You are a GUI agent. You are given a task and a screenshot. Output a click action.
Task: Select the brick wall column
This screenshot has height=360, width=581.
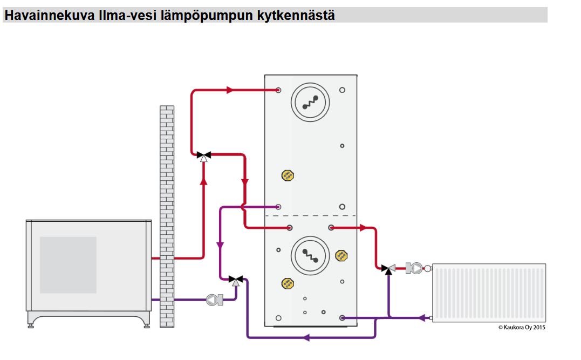(167, 216)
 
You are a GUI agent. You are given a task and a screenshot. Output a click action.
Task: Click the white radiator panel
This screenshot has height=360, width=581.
(489, 292)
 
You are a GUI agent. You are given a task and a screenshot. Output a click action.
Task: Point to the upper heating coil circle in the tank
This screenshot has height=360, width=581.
(310, 101)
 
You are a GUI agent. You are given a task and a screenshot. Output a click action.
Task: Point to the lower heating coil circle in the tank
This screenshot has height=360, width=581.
(310, 255)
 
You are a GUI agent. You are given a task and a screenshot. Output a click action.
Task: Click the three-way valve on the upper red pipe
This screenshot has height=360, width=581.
(203, 155)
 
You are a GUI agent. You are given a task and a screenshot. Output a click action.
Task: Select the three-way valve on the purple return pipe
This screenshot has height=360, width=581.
(236, 280)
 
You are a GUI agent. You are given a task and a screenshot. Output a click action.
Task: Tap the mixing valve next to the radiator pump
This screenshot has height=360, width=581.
(388, 268)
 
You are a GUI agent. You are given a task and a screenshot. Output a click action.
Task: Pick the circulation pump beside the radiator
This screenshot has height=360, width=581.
(416, 268)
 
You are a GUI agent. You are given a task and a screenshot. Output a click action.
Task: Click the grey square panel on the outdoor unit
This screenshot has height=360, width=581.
(68, 264)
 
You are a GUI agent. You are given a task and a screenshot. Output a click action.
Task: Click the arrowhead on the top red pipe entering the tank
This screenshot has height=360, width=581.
(230, 90)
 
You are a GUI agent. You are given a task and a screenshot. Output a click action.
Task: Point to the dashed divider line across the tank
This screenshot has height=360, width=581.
(310, 216)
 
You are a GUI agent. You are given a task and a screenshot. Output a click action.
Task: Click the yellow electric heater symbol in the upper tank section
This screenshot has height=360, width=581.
(288, 175)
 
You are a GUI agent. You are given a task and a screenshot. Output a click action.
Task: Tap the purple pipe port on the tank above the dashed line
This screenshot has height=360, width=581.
(278, 207)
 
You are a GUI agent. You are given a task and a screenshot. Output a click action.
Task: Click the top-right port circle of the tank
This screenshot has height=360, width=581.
(342, 90)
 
